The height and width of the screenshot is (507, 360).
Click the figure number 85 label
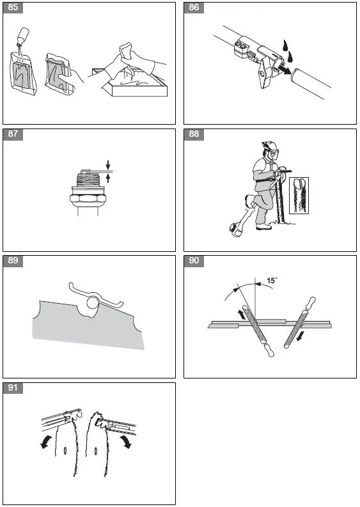coord(13,8)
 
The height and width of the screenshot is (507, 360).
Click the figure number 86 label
coord(194,8)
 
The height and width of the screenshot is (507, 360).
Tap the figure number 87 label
coord(13,134)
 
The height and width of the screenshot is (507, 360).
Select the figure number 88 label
coord(194,134)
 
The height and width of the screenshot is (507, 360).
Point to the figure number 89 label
coord(13,261)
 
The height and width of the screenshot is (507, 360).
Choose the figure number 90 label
coord(194,261)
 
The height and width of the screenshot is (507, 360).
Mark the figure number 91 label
coord(13,388)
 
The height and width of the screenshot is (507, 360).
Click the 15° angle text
coord(271,280)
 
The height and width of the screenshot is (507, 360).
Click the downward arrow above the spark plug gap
coord(108,164)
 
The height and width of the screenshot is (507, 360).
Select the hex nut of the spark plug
coord(86,200)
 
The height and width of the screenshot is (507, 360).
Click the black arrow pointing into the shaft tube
coord(284,69)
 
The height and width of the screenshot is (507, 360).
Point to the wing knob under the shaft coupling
coord(263,74)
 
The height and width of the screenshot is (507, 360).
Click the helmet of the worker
coord(268,145)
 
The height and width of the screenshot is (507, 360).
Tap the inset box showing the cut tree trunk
coord(299,195)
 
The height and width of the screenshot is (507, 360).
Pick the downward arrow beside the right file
coord(300,336)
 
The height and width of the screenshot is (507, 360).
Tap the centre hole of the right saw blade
coord(96,451)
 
